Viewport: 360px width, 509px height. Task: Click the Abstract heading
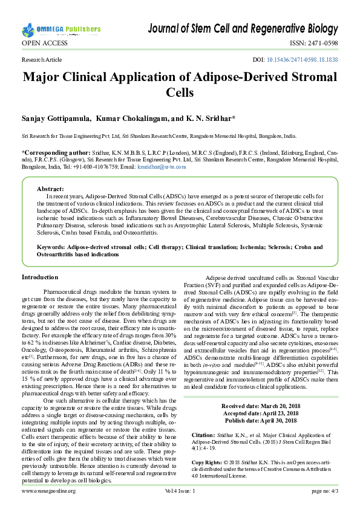click(x=50, y=189)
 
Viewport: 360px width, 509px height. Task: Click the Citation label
click(x=203, y=435)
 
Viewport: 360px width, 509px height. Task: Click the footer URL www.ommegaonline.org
click(x=49, y=491)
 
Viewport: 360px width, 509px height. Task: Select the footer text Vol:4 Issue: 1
click(x=180, y=491)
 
